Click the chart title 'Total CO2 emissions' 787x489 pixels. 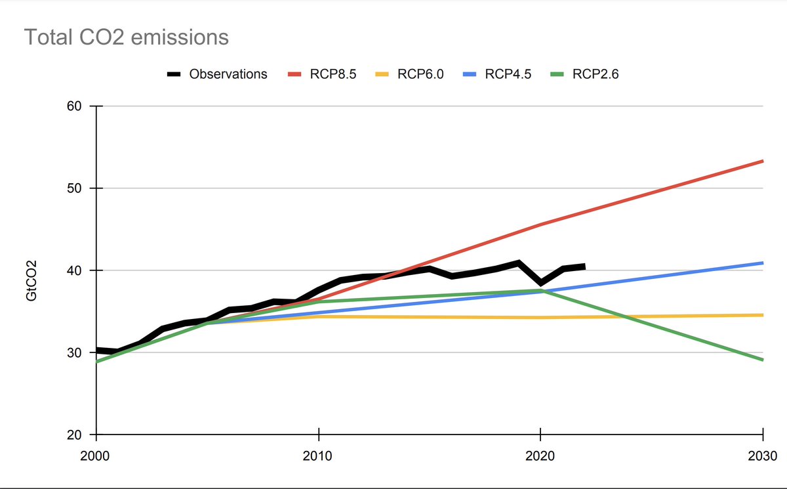tap(126, 37)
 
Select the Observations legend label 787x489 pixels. tap(228, 74)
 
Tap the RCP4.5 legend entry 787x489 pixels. tap(508, 74)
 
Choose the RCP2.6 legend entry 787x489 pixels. tap(595, 74)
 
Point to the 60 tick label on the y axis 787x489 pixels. tap(76, 106)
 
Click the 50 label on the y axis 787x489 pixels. tap(76, 188)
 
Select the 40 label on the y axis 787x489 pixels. tap(76, 270)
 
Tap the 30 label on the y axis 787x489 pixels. tap(76, 352)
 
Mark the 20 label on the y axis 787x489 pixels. tap(76, 435)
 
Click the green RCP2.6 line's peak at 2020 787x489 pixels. tap(540, 290)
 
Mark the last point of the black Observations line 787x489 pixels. tap(584, 266)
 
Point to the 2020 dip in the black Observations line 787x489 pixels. tap(540, 283)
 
